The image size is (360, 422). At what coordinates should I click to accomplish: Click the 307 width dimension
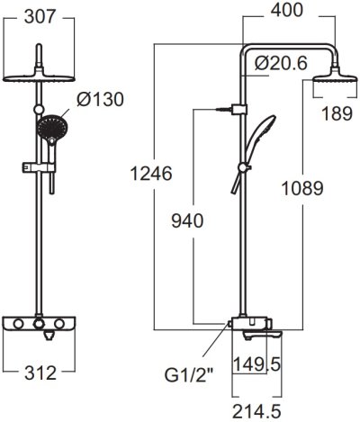(x=39, y=16)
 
